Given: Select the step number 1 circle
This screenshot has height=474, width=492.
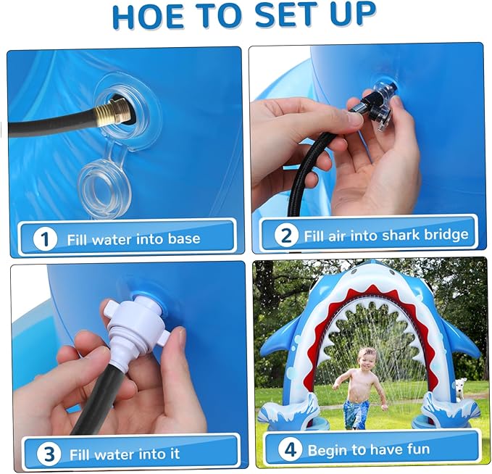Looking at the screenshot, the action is click(45, 239).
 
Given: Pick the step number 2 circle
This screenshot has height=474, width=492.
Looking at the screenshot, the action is click(286, 236).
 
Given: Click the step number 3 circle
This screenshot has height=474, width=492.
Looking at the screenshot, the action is click(49, 454).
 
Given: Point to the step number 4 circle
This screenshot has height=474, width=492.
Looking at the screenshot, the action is click(291, 450).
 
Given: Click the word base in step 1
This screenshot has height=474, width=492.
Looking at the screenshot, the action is click(184, 239).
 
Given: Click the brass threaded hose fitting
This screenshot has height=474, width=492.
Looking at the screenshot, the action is click(114, 114).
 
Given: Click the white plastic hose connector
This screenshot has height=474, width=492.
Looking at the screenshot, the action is click(135, 333).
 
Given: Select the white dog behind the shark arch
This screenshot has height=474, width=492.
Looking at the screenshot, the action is click(460, 389).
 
